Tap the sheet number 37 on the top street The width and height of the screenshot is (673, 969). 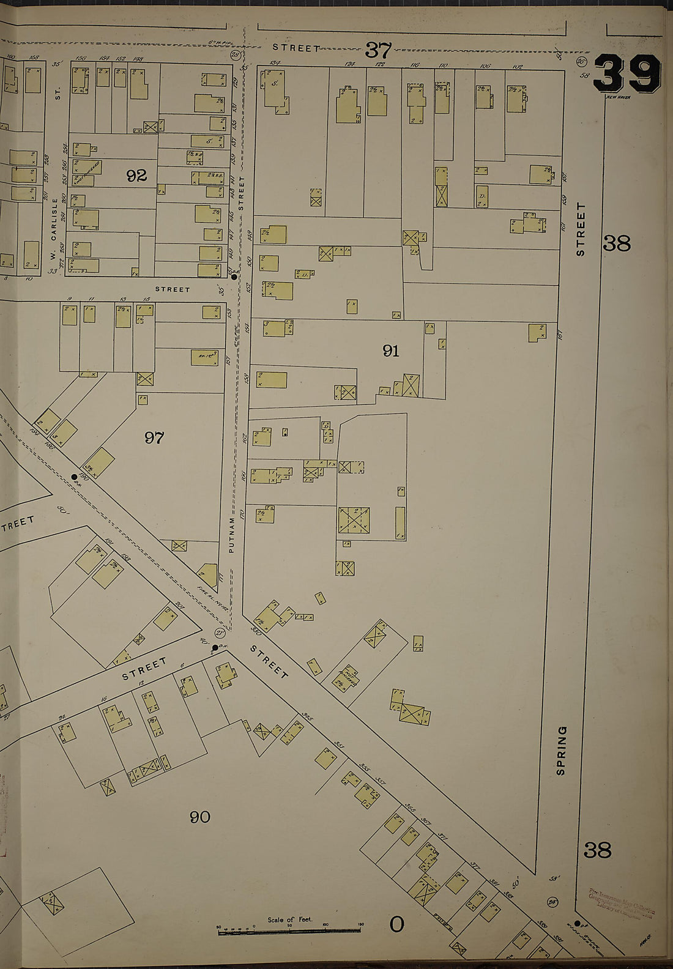pyautogui.click(x=378, y=50)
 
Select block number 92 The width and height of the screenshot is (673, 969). pyautogui.click(x=136, y=176)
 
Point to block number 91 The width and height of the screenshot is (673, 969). pyautogui.click(x=391, y=351)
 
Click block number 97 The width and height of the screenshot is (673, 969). pyautogui.click(x=154, y=437)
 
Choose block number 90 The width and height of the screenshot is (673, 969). pyautogui.click(x=200, y=817)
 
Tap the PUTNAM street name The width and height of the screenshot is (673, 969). pyautogui.click(x=232, y=535)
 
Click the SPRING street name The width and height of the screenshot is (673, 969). pyautogui.click(x=562, y=750)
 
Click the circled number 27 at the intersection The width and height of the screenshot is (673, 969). pyautogui.click(x=220, y=633)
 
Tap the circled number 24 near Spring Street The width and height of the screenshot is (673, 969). pyautogui.click(x=554, y=902)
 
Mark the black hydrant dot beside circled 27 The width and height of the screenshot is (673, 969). pyautogui.click(x=215, y=647)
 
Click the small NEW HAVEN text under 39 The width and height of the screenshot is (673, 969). pyautogui.click(x=618, y=97)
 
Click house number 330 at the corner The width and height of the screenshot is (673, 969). pyautogui.click(x=256, y=631)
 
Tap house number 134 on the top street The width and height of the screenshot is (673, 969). pyautogui.click(x=274, y=63)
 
